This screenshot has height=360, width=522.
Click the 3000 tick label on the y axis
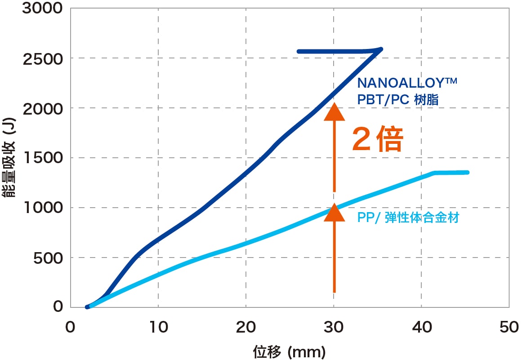[x=39, y=9]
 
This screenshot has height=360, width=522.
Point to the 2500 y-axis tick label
[x=39, y=58]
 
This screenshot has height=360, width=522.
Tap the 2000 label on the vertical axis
[x=39, y=108]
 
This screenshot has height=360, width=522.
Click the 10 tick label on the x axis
[x=158, y=327]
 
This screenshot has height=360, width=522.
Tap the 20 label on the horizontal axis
[x=246, y=327]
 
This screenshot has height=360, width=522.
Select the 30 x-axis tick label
[x=334, y=327]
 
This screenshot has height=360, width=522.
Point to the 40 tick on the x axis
[x=421, y=327]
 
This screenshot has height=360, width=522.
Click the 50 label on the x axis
[x=509, y=327]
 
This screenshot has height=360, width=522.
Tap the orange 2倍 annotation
[x=377, y=140]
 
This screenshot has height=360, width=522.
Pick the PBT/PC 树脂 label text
[x=397, y=99]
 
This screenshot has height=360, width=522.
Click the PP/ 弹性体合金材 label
[x=408, y=218]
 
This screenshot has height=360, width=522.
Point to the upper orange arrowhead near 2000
[x=334, y=113]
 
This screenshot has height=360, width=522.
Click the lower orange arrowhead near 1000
[x=334, y=212]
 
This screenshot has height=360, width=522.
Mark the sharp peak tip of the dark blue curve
[x=382, y=49]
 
